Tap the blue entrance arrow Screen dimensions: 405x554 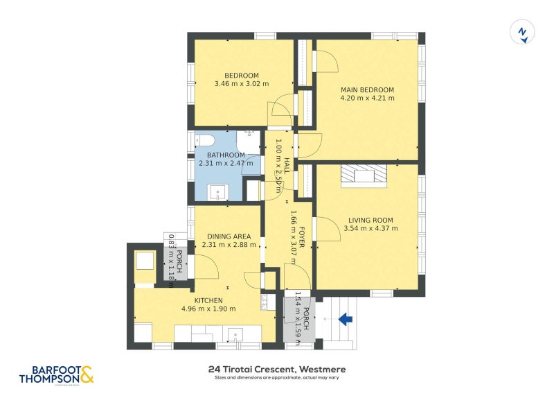pos(346,318)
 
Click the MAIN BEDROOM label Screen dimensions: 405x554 pos(367,89)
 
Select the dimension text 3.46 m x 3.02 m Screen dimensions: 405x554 pos(242,85)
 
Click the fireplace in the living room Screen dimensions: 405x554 pos(364,176)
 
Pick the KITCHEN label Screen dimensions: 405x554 pos(208,300)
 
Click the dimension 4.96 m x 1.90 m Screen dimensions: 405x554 pos(208,309)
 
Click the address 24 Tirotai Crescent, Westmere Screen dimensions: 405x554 pos(276,369)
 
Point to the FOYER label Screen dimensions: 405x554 pos(303,232)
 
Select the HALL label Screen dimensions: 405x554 pos(287,165)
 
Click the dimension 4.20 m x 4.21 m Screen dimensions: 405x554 pos(367,98)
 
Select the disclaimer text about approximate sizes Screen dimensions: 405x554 pos(276,378)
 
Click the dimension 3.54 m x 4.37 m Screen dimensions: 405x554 pos(371,228)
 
